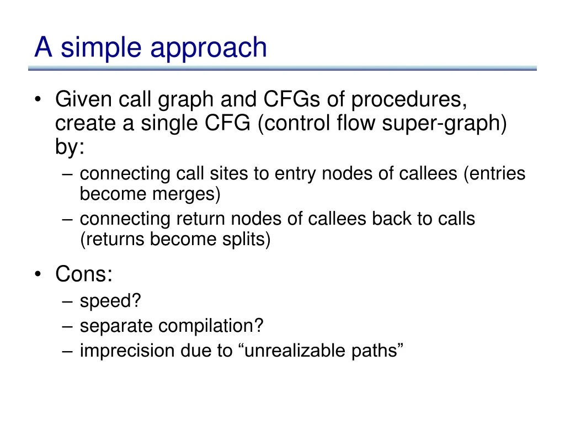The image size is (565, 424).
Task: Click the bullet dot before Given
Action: pyautogui.click(x=38, y=100)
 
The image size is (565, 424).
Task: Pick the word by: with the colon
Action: pyautogui.click(x=70, y=147)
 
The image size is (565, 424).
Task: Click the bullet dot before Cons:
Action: pyautogui.click(x=38, y=274)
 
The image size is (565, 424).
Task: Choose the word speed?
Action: pyautogui.click(x=110, y=301)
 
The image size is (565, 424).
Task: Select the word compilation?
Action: pyautogui.click(x=211, y=326)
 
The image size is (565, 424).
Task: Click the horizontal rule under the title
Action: pyautogui.click(x=282, y=68)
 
